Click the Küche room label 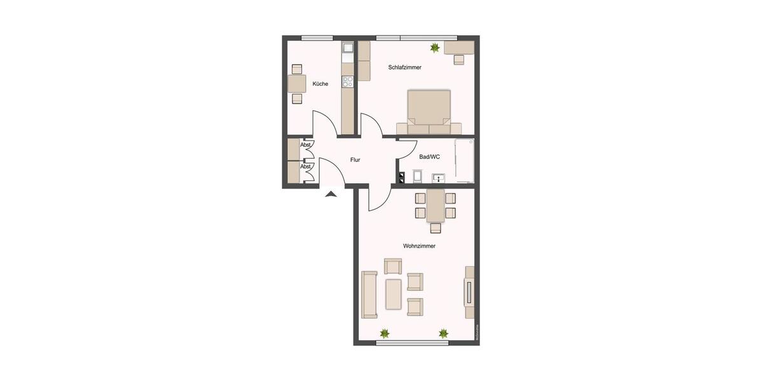click(320, 84)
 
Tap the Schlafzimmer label click(405, 67)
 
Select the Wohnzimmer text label click(419, 246)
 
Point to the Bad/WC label click(430, 157)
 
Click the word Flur click(355, 160)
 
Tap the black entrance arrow click(331, 194)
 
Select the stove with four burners click(347, 81)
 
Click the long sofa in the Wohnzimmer click(369, 294)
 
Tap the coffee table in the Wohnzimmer click(394, 294)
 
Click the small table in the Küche click(297, 84)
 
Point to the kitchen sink click(347, 48)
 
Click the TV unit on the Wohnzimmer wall click(469, 292)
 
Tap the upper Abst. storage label click(306, 145)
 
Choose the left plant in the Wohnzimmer click(384, 333)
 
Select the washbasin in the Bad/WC click(438, 178)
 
